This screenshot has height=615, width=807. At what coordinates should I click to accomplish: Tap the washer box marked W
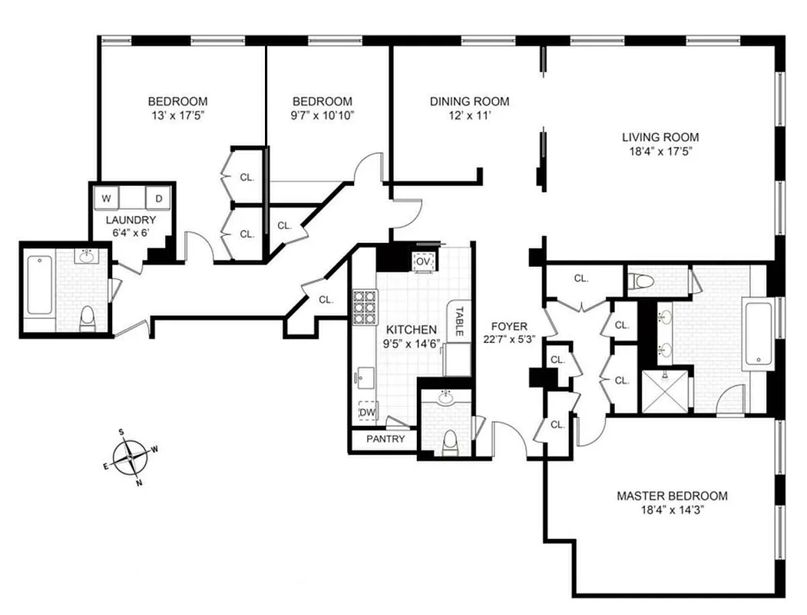click(107, 198)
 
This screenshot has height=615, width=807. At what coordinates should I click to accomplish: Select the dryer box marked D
click(159, 198)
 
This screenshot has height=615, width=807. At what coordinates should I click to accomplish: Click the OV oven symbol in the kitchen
click(423, 261)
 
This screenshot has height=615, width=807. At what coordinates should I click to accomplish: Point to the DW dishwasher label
click(368, 412)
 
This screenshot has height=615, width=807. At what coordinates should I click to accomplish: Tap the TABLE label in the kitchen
click(458, 321)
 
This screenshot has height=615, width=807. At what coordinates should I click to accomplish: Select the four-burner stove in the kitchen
click(365, 307)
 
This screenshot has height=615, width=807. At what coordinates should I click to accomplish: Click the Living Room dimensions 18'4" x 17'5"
click(660, 151)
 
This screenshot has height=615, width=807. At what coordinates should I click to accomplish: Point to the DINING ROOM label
click(469, 101)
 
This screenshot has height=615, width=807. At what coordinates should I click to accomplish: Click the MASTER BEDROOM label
click(672, 496)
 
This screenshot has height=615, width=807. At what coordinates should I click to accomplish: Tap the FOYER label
click(509, 326)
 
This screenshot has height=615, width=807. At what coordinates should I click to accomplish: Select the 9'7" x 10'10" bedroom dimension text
click(322, 115)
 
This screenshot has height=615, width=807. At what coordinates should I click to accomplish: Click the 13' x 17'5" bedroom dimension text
click(177, 115)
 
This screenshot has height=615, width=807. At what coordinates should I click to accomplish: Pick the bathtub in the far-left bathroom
click(38, 287)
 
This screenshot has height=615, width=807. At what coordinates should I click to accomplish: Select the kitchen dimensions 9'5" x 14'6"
click(412, 344)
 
